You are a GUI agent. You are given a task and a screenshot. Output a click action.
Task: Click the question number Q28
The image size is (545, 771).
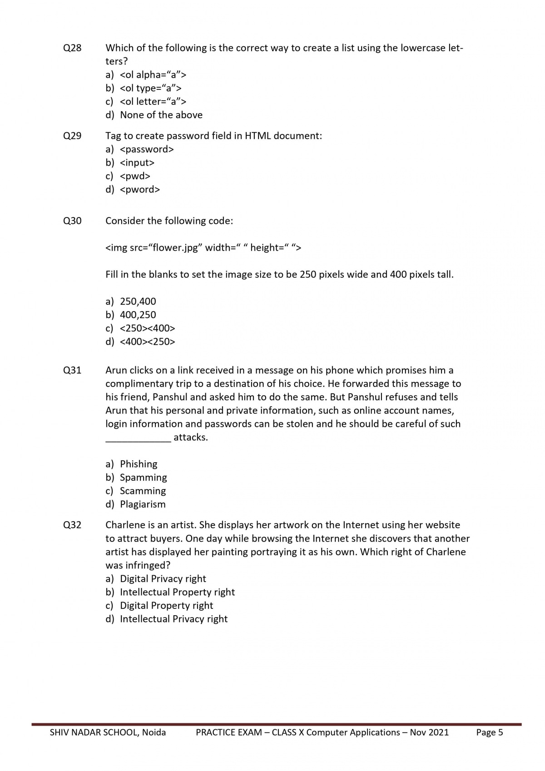[72, 48]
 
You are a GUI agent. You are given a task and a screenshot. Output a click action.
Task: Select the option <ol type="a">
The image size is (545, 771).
[150, 88]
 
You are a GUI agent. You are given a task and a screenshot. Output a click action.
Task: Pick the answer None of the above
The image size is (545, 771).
[161, 115]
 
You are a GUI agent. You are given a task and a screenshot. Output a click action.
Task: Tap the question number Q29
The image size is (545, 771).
[72, 136]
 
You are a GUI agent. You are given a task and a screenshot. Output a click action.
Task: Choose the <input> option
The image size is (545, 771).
[137, 163]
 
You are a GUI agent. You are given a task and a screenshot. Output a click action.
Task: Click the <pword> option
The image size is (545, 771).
[139, 189]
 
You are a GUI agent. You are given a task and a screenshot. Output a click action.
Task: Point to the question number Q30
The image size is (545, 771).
[72, 221]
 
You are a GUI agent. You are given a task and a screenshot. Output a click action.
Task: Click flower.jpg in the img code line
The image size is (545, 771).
[175, 247]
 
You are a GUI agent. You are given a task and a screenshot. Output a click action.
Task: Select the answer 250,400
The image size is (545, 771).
[138, 301]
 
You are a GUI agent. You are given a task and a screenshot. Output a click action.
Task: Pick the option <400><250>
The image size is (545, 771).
[147, 341]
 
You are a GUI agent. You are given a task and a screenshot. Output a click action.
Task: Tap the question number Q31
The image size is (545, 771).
[72, 370]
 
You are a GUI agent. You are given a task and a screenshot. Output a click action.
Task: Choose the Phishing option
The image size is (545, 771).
[139, 464]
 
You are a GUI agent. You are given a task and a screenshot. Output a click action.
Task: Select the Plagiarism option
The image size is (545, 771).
[143, 504]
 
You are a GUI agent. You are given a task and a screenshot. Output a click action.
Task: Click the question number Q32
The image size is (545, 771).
[72, 525]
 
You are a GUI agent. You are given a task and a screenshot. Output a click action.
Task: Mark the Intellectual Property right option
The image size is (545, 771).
[177, 592]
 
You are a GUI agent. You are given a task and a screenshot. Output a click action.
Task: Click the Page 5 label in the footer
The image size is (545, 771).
[489, 732]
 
